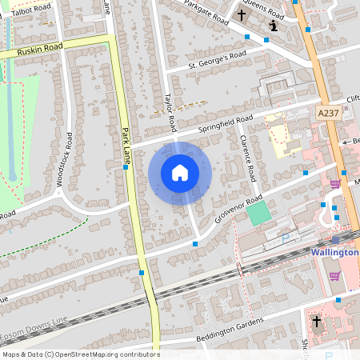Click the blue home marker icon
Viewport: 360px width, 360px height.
coord(180,173)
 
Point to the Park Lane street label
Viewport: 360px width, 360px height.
coord(126,147)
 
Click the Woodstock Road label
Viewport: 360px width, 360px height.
coord(63,159)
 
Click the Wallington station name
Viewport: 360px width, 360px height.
coord(334,252)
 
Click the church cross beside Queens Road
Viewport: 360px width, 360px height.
coord(241,15)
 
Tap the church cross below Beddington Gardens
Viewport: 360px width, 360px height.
coord(316,322)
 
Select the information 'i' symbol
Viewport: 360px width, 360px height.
coord(274,26)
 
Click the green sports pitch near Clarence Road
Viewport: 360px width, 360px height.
coord(258,214)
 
